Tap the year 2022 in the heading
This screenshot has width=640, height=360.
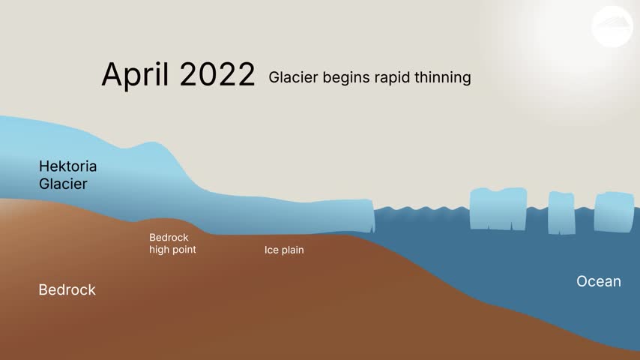tap(217, 74)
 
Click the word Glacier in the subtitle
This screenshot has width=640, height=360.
tap(293, 77)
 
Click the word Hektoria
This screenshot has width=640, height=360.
tap(67, 166)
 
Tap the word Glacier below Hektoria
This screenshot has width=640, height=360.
tap(63, 184)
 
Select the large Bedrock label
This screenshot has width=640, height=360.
tap(67, 289)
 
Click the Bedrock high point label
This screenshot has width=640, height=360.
tap(172, 244)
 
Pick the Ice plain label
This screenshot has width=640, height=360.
tap(284, 250)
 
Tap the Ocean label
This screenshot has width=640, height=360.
tap(599, 281)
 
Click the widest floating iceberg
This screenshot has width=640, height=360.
tap(498, 208)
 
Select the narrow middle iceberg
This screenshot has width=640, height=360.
tap(561, 213)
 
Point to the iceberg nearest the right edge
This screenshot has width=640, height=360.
tap(615, 212)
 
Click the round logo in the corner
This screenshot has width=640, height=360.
tap(612, 26)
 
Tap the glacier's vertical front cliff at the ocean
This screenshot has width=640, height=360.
tap(372, 216)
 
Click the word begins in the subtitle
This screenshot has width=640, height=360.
tap(346, 78)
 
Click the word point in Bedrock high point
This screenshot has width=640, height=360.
tap(184, 250)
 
